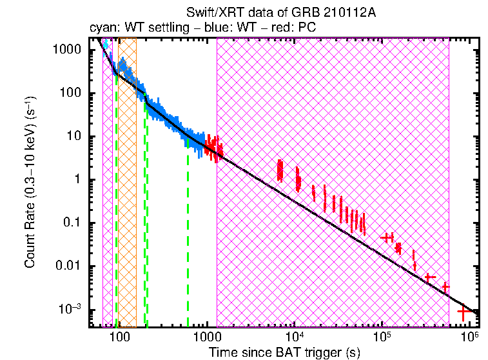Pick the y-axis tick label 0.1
(71, 223)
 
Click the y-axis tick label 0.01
(68, 266)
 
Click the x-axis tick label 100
(118, 337)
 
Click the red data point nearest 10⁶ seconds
(463, 312)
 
